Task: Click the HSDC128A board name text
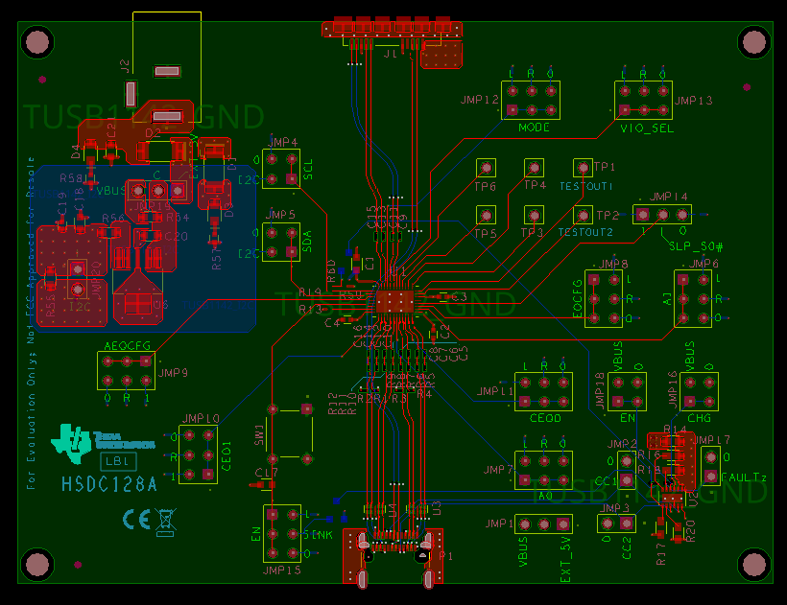coord(109,485)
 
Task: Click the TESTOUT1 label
coord(585,186)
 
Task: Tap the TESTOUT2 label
coord(585,233)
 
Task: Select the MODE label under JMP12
coord(534,128)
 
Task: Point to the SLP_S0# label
coord(696,247)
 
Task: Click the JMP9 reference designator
coord(173,373)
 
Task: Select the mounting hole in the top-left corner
coord(36,42)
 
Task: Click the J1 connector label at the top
coord(390,56)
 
